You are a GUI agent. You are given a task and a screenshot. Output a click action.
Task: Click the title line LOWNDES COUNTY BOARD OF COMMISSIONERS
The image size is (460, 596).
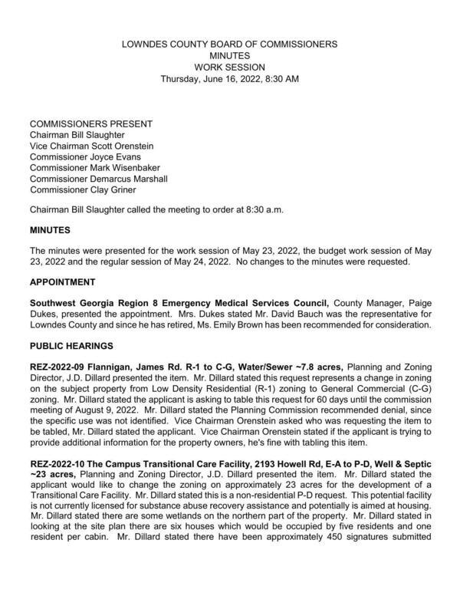229,45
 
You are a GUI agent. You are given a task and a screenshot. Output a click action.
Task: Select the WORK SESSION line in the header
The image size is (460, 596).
229,68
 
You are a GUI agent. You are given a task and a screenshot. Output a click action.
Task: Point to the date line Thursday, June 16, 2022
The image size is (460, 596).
229,79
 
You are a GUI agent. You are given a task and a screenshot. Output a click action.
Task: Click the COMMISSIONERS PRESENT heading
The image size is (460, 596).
90,124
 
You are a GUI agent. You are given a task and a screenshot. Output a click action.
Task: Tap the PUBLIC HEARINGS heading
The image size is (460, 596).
71,346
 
